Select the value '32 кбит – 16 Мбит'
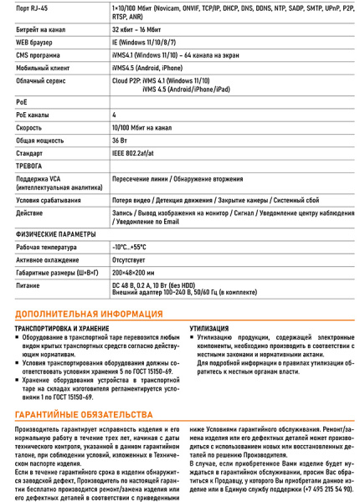tap(140, 28)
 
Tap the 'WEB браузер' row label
tap(39, 40)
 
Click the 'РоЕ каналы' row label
tap(36, 114)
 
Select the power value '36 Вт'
tap(120, 141)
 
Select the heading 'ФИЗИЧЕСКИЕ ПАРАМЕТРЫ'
tap(56, 235)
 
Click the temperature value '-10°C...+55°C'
tap(129, 248)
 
